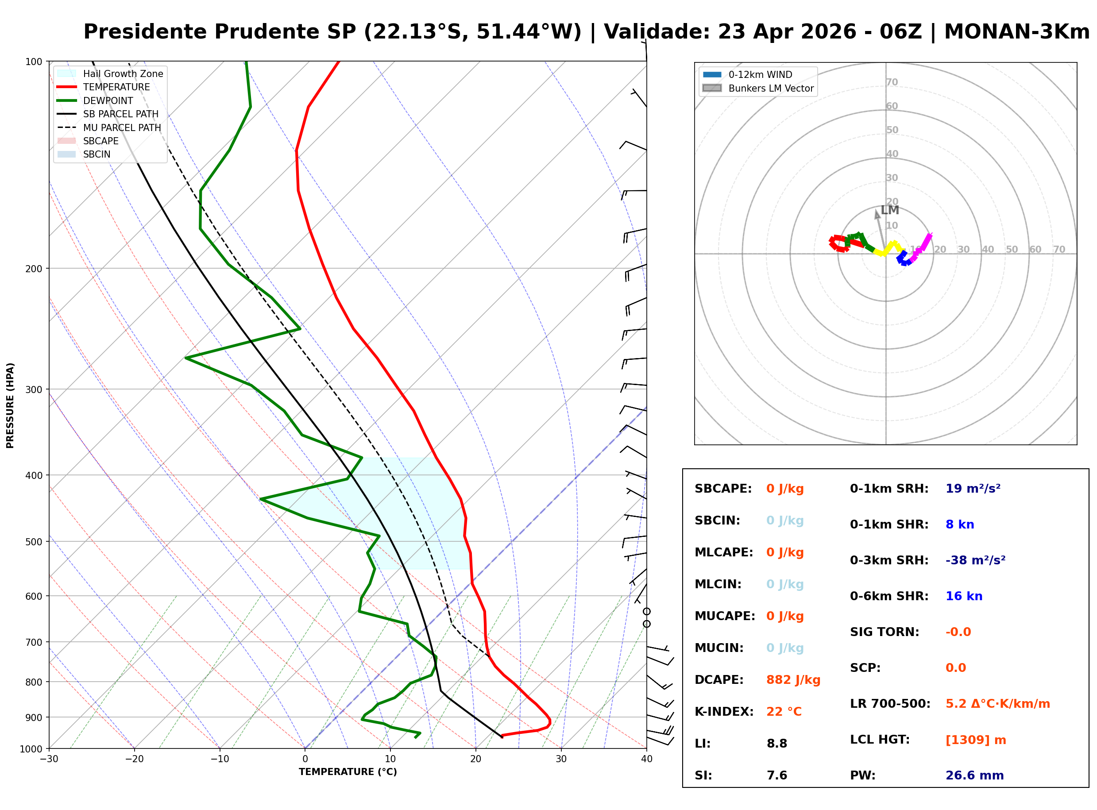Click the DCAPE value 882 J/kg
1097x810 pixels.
tap(792, 679)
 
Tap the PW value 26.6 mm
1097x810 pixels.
tap(974, 775)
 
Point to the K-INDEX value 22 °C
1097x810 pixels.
tap(784, 711)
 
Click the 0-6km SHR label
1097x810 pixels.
tap(888, 596)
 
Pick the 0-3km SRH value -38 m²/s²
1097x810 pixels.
tap(975, 560)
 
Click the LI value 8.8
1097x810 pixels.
tap(776, 743)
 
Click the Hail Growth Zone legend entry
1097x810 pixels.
tap(123, 73)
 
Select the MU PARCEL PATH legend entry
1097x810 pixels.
tap(122, 127)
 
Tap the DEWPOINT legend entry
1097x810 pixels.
tap(108, 100)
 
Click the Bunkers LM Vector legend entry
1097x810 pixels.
tap(770, 88)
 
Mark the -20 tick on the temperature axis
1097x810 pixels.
tap(135, 760)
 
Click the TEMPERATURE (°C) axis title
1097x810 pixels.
tap(348, 772)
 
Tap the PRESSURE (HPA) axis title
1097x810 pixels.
tap(10, 405)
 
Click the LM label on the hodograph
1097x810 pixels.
tap(889, 210)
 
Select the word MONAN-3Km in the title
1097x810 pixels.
tap(1016, 32)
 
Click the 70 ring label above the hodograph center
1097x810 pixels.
tap(892, 82)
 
